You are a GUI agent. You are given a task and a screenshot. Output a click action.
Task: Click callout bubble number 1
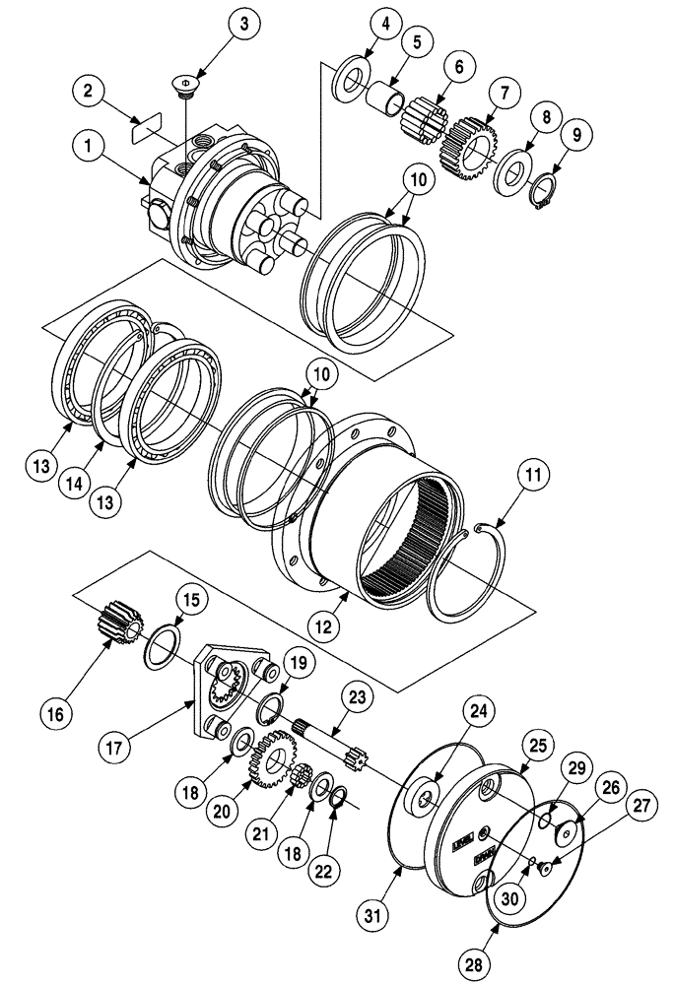click(x=88, y=150)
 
